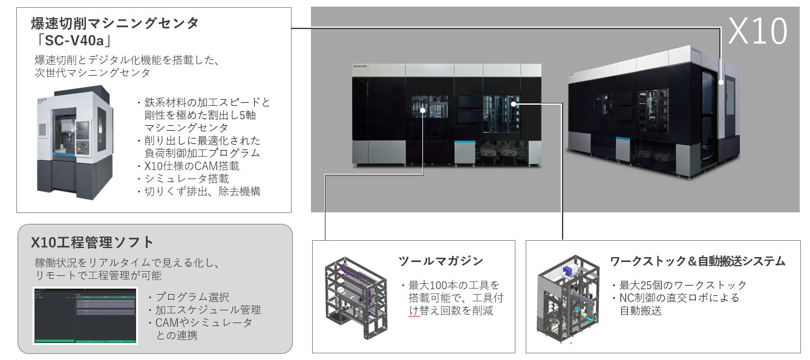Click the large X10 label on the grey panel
[x=758, y=31]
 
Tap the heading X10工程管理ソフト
[x=93, y=243]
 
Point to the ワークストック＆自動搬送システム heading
[x=697, y=261]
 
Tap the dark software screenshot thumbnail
[x=85, y=316]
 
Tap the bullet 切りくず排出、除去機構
[x=199, y=191]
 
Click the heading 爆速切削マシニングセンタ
[x=115, y=24]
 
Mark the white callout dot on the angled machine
[x=721, y=80]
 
